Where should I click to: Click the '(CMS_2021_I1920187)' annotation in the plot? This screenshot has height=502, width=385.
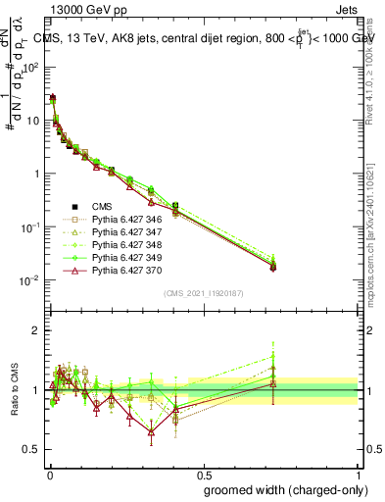[203, 293]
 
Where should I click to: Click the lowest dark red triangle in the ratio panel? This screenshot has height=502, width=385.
[151, 431]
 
